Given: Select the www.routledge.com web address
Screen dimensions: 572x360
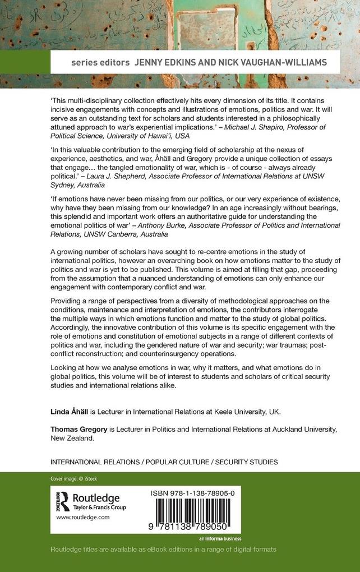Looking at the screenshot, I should (81, 519).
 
